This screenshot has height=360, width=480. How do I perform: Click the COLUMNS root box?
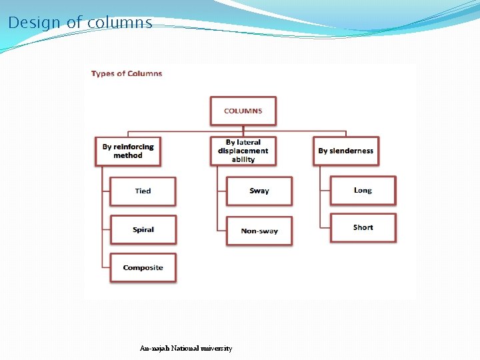[243, 111]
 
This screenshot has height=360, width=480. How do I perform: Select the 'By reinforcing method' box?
[128, 151]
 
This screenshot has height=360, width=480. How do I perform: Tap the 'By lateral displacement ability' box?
[243, 151]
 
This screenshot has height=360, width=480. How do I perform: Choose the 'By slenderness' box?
[345, 151]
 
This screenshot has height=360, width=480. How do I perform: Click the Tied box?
[143, 191]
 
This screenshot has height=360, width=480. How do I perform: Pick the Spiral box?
[143, 229]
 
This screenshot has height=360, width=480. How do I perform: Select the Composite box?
[143, 267]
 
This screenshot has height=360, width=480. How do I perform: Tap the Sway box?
[259, 191]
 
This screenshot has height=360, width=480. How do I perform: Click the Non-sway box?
[259, 231]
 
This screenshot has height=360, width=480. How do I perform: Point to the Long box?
[363, 190]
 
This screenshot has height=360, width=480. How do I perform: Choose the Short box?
[363, 227]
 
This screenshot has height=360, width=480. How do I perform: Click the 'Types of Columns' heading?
[127, 73]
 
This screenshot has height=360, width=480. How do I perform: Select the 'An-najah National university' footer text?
[186, 348]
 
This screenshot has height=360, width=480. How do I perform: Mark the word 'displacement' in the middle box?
[243, 151]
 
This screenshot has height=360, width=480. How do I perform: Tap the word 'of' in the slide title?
[73, 23]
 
